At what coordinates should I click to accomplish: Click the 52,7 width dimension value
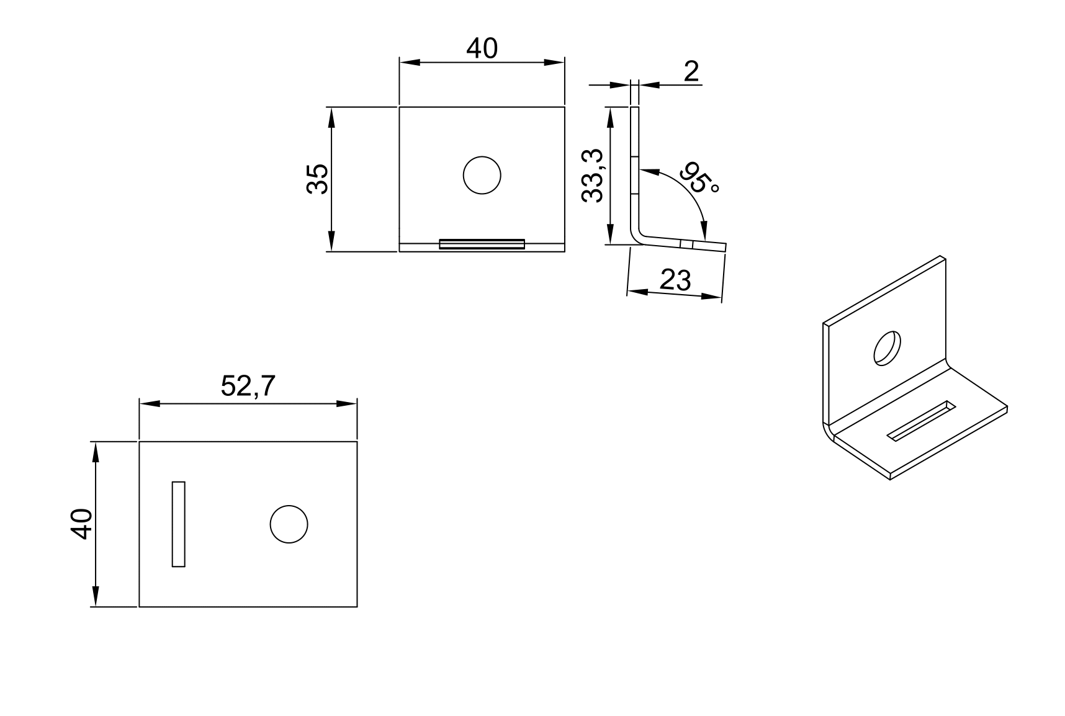[248, 387]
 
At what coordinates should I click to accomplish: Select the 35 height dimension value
[318, 179]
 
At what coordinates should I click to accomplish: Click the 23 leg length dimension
[675, 280]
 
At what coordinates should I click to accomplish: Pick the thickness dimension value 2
[691, 72]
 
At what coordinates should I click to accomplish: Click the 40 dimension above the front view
[482, 48]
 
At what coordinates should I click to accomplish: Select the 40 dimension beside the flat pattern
[82, 524]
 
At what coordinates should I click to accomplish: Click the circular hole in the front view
[482, 176]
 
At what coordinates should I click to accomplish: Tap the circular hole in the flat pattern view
[289, 524]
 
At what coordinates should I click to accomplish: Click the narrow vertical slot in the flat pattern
[179, 524]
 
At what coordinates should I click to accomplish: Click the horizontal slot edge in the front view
[482, 244]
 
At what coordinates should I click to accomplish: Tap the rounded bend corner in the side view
[639, 236]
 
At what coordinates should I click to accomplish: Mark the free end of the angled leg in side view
[724, 247]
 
